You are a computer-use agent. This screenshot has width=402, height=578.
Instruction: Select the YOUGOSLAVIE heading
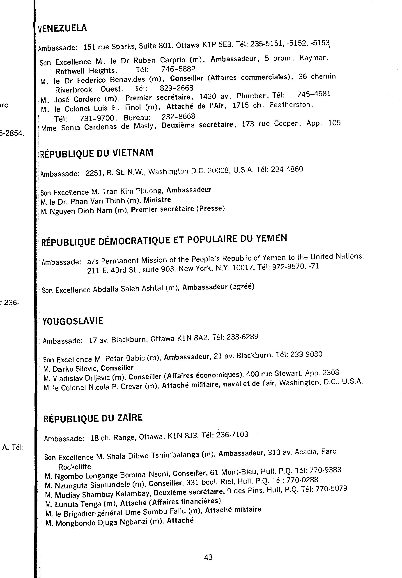73,321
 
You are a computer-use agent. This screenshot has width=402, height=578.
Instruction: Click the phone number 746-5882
178,69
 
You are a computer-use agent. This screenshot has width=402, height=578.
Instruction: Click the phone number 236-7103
232,435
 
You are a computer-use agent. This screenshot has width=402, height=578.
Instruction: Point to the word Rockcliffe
74,467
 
